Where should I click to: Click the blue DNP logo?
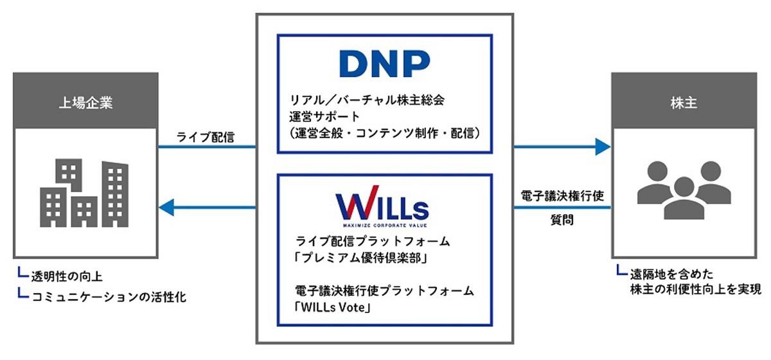click(x=384, y=64)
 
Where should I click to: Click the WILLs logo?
click(x=382, y=206)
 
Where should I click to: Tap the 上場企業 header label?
click(x=85, y=103)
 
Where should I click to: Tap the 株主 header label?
click(x=684, y=103)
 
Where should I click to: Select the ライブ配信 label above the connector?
click(x=205, y=137)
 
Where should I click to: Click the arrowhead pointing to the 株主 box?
click(x=603, y=147)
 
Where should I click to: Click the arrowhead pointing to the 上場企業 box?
click(x=166, y=208)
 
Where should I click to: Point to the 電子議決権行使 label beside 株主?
click(x=562, y=195)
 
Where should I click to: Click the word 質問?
click(x=562, y=219)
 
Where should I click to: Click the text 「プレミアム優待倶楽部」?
click(x=361, y=257)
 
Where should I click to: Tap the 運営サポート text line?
click(x=324, y=116)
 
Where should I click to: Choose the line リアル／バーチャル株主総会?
click(x=367, y=100)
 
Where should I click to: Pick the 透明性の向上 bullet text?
click(x=67, y=276)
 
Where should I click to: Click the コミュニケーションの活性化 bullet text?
click(x=109, y=296)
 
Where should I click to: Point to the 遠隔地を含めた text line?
click(x=671, y=274)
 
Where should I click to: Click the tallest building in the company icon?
click(x=115, y=194)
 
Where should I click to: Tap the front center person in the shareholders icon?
click(x=684, y=198)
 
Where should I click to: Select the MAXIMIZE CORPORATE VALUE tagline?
click(x=385, y=225)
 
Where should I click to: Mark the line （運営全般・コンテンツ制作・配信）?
click(x=385, y=133)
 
